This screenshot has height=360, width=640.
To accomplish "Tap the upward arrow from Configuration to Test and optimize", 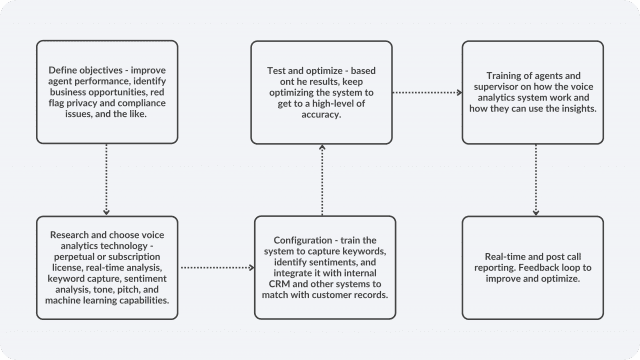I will pyautogui.click(x=321, y=185).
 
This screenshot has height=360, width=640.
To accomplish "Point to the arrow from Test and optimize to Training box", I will pyautogui.click(x=427, y=91).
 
